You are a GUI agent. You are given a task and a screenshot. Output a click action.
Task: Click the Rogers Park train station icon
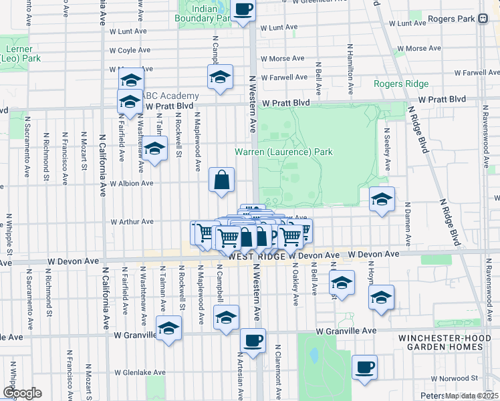click(483, 19)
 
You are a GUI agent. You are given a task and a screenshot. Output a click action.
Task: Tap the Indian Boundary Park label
click(204, 14)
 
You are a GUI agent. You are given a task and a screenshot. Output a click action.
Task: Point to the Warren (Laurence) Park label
click(283, 152)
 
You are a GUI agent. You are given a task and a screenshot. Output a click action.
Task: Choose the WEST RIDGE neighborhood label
click(257, 256)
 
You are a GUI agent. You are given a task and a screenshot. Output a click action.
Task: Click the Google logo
click(22, 393)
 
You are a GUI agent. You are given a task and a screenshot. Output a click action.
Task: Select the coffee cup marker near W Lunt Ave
click(243, 10)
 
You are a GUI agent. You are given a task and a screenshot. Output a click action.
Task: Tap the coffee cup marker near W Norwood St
click(364, 367)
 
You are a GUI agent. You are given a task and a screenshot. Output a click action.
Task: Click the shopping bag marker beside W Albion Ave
click(221, 179)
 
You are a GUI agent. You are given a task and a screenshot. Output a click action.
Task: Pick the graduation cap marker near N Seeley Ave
click(382, 198)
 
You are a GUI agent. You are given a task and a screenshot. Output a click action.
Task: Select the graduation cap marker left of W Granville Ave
click(168, 328)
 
